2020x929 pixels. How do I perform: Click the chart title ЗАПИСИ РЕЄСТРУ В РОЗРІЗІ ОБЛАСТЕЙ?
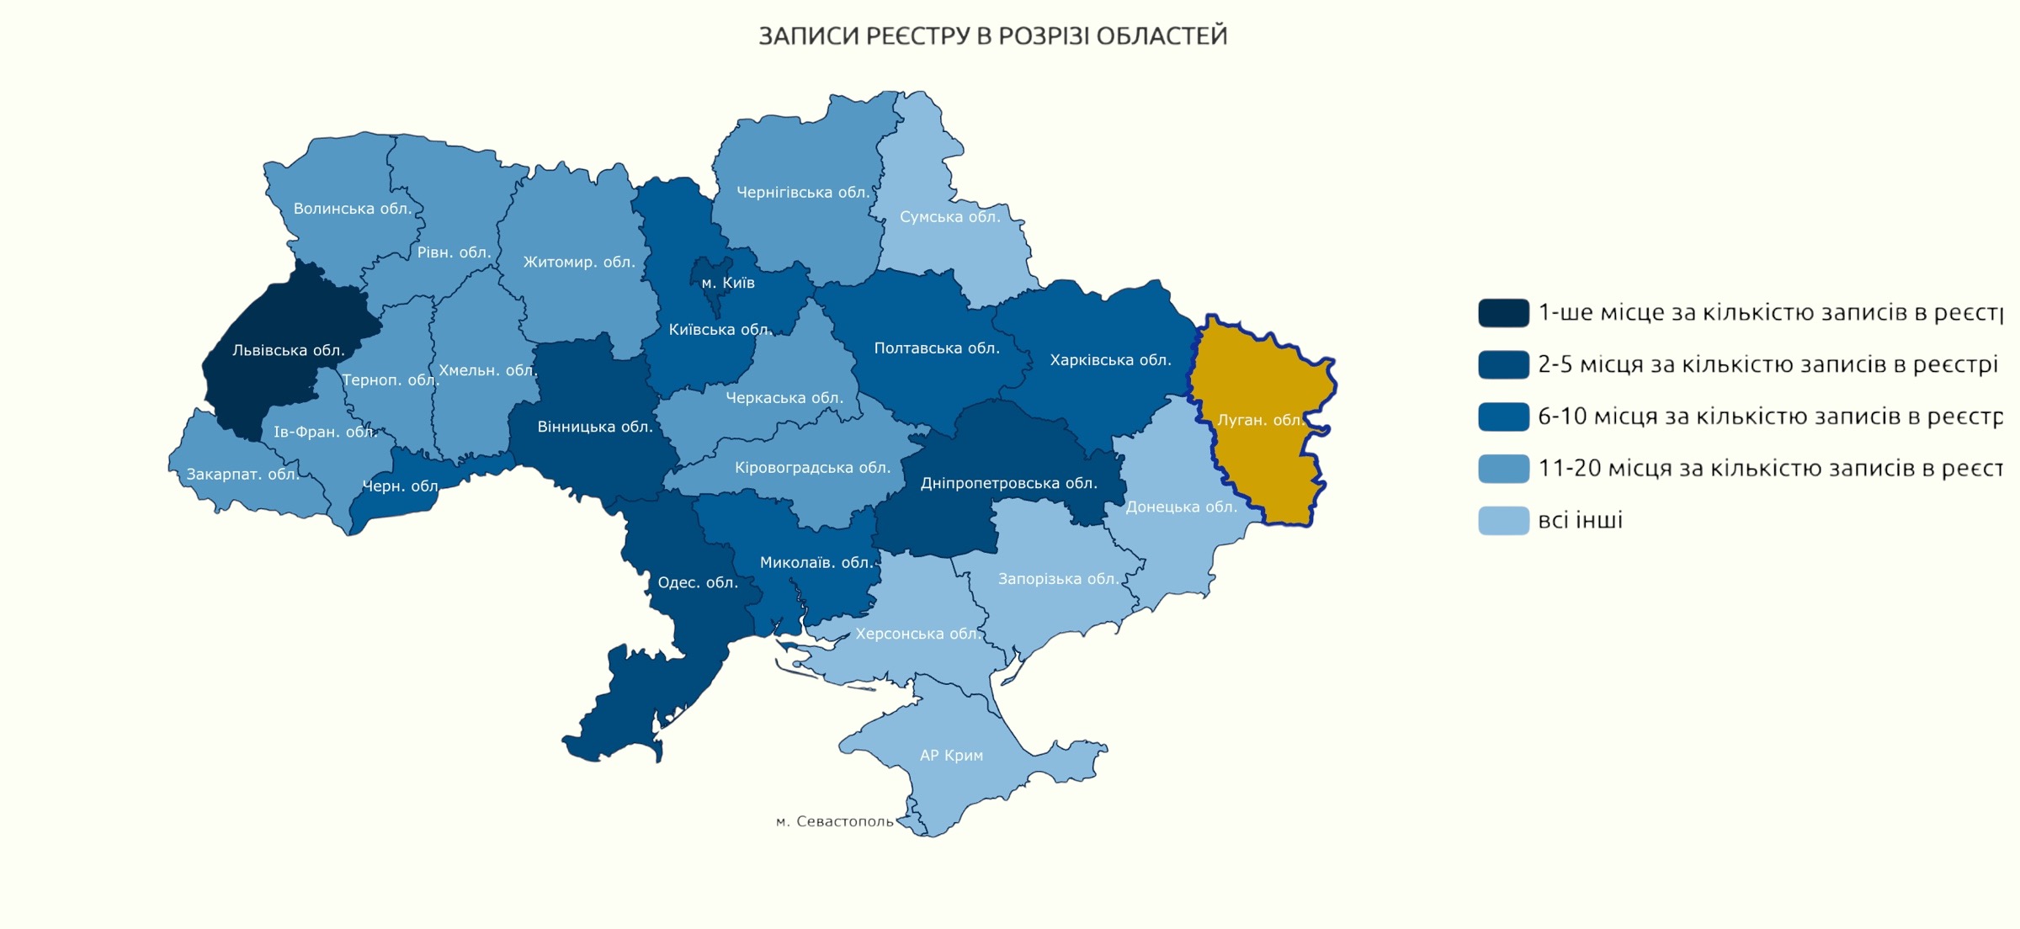(x=992, y=36)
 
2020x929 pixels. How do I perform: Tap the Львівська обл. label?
(x=288, y=350)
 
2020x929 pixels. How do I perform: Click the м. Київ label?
(x=728, y=283)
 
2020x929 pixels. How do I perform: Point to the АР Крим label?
(x=951, y=755)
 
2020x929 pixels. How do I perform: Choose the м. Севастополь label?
(x=834, y=820)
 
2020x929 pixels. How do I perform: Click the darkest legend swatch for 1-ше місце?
(x=1503, y=312)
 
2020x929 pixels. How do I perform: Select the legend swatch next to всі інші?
(x=1503, y=520)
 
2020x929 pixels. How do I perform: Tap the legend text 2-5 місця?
(x=1767, y=364)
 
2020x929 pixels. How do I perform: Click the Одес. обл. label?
(x=697, y=582)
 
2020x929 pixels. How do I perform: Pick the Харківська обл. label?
(x=1110, y=360)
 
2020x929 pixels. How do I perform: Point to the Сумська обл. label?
(x=949, y=216)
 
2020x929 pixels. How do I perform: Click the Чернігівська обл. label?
(x=802, y=192)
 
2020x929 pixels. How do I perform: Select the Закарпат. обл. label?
(x=242, y=474)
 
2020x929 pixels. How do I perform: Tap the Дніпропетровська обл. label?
(x=1008, y=483)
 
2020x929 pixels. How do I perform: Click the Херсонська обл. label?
(x=917, y=634)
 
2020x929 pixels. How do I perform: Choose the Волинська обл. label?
(x=352, y=208)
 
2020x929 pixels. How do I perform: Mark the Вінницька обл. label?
(x=594, y=427)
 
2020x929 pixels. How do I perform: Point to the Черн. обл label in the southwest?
(x=401, y=486)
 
